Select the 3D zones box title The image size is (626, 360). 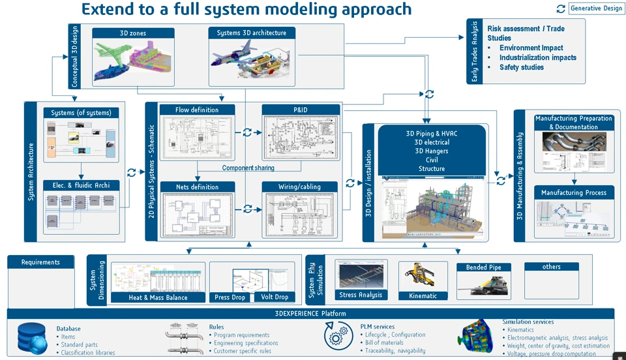coord(133,33)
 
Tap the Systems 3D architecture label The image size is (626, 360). coord(251,33)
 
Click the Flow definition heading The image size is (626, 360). coord(197,110)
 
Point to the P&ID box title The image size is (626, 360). coord(301,110)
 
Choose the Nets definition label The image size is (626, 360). coord(197,187)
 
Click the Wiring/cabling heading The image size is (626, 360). coord(301,187)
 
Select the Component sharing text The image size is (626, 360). coord(248,168)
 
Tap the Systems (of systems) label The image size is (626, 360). coord(82,113)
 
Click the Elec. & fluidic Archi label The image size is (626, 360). coord(82,185)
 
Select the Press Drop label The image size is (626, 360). coord(230,297)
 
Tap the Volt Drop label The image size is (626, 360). coord(275,297)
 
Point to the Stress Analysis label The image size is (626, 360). coord(361,295)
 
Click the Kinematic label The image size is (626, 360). coord(423,295)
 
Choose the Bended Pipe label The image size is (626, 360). coord(488,267)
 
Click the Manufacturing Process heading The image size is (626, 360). coord(574,192)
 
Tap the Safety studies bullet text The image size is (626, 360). coord(522,67)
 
